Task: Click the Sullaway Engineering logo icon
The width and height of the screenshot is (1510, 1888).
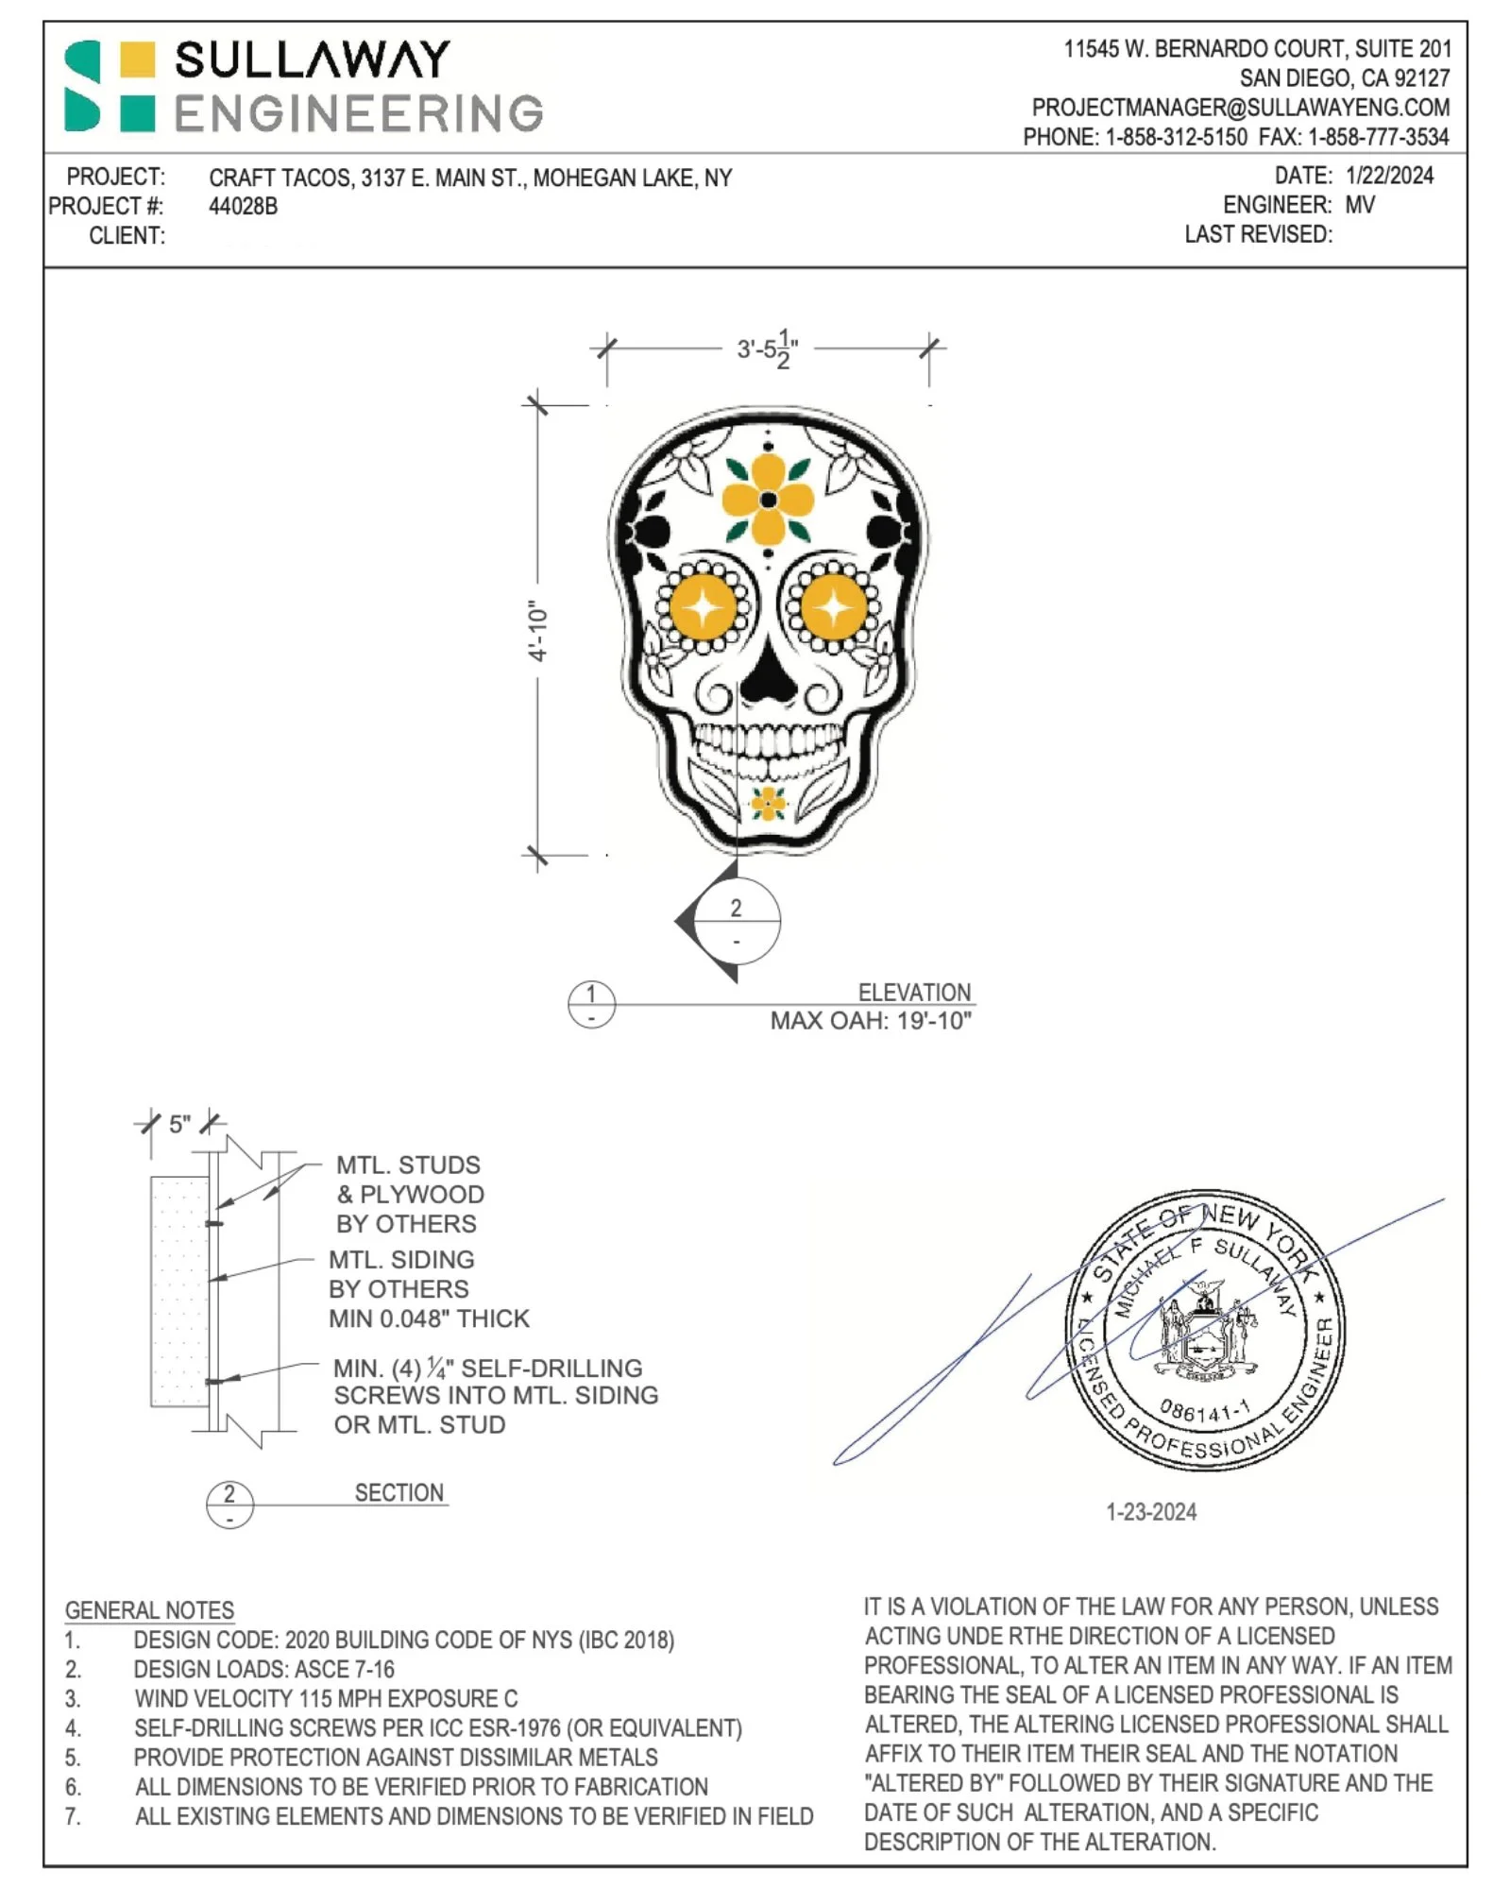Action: [109, 86]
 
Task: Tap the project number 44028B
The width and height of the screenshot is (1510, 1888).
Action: [243, 207]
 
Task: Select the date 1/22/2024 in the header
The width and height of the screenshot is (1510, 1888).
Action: [1389, 176]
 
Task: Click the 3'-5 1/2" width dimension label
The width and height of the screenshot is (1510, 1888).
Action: [767, 349]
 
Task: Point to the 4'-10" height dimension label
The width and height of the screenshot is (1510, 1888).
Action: [537, 631]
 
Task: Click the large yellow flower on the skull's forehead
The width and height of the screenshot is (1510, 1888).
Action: [768, 500]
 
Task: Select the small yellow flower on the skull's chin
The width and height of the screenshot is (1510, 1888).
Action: [767, 804]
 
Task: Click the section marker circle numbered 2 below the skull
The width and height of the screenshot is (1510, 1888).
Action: [737, 921]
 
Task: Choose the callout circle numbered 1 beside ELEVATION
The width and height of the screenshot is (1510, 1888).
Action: [591, 1004]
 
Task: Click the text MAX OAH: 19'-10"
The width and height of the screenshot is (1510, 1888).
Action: [870, 1021]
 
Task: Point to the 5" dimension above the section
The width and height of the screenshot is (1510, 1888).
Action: [179, 1124]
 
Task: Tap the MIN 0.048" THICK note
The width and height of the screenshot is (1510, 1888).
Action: [429, 1318]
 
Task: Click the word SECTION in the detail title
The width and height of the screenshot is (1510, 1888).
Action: [399, 1493]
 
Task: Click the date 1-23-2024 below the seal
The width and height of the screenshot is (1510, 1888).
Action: [1151, 1512]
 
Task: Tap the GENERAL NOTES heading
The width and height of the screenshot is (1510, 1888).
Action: [149, 1610]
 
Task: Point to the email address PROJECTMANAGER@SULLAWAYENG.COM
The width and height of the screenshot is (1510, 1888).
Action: [1240, 108]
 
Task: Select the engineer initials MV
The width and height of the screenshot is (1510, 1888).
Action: [1360, 205]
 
